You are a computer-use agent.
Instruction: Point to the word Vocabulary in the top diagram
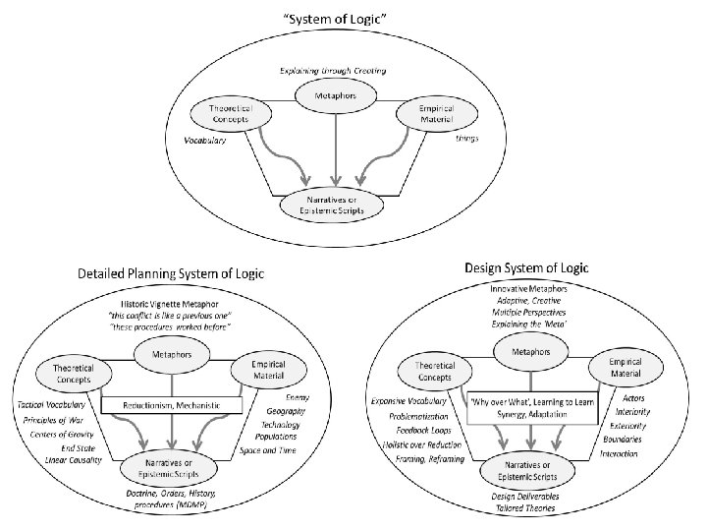[206, 141]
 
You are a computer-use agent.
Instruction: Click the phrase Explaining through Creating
[333, 72]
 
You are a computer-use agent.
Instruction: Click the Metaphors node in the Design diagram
[531, 351]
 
